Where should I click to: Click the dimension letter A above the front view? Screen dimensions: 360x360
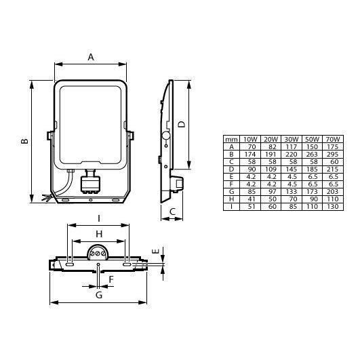[x=90, y=58]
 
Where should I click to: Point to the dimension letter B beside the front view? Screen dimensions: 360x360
[x=23, y=141]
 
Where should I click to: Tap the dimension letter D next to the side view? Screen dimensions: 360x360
[x=181, y=124]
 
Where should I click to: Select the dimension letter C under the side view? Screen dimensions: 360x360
[x=172, y=212]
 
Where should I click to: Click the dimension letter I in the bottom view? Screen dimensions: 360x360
[x=99, y=218]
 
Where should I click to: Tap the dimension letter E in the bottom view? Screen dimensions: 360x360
[x=157, y=252]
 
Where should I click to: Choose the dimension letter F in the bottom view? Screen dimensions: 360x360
[x=111, y=279]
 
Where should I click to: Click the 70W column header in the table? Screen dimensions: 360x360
[x=334, y=139]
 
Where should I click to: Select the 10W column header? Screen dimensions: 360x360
[x=250, y=139]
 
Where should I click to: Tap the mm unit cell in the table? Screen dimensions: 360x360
[x=231, y=139]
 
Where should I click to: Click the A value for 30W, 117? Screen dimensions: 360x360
[x=292, y=146]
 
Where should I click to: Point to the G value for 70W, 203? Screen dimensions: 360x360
[x=334, y=191]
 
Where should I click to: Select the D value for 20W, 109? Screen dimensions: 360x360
[x=271, y=169]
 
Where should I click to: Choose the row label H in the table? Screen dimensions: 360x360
[x=231, y=199]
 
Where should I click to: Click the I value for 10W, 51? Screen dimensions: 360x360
[x=250, y=206]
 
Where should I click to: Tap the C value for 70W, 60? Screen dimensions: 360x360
[x=334, y=161]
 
